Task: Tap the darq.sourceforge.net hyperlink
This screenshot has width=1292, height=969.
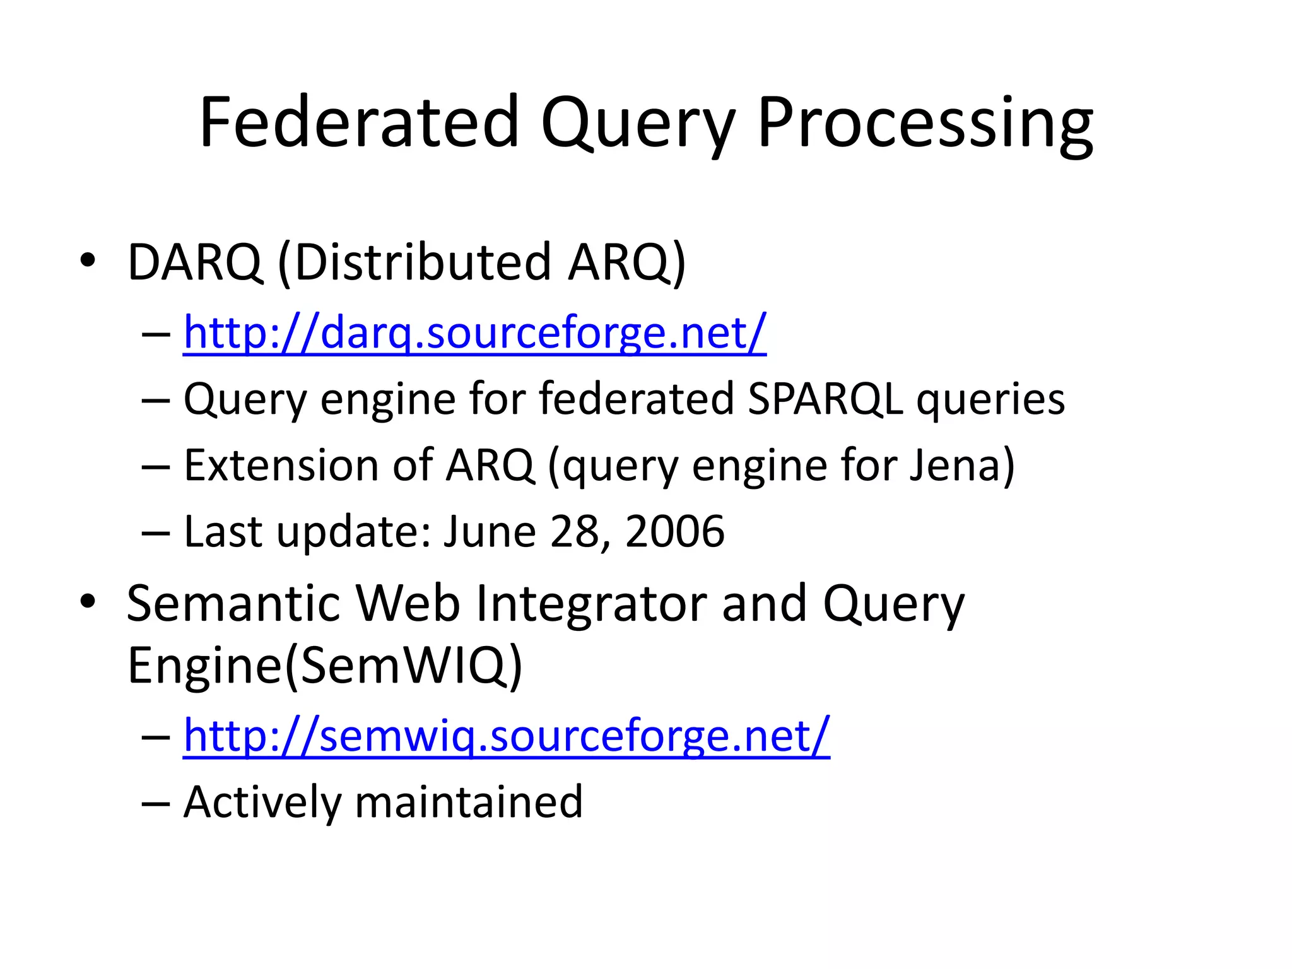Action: pos(474,332)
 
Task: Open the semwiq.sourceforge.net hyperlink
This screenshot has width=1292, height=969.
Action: pos(507,735)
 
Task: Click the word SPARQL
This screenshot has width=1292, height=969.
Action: pos(825,399)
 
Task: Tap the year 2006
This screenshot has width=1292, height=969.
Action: pos(674,531)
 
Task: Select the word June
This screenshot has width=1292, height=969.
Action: pos(490,531)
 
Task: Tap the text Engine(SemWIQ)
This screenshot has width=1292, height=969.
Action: pos(325,666)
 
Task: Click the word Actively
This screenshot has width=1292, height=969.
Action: pos(261,802)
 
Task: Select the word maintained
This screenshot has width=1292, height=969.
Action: pos(469,802)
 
